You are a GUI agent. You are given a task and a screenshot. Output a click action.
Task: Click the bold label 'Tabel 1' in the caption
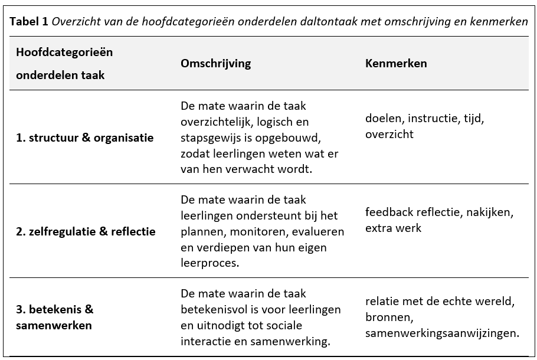[x=28, y=22]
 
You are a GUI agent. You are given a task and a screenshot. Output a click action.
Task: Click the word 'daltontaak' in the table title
[x=340, y=22]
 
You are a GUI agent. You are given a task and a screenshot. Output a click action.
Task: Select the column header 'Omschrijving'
[x=215, y=64]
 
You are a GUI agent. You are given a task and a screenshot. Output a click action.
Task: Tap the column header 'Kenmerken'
[x=396, y=64]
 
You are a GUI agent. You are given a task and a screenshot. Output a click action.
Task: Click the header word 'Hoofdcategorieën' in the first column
[x=64, y=52]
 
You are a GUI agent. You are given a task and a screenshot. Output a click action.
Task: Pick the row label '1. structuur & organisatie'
[x=84, y=138]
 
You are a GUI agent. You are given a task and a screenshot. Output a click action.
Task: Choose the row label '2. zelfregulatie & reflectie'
[x=86, y=231]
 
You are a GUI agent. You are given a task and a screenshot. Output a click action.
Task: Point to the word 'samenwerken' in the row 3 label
[x=54, y=325]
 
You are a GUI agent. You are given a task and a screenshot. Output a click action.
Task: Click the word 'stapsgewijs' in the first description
[x=210, y=138]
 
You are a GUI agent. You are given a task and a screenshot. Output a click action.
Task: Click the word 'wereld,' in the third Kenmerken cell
[x=496, y=302]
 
